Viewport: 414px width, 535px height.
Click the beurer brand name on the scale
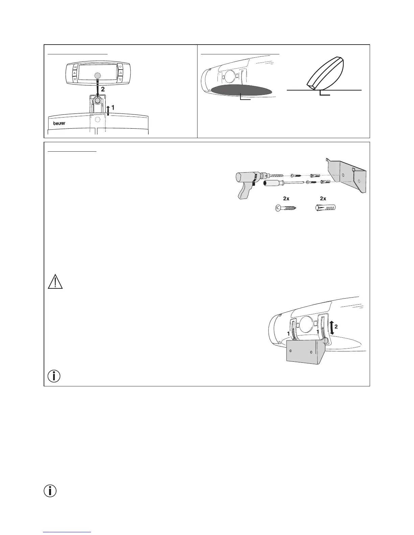tap(59, 123)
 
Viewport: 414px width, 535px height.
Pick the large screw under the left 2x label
tap(286, 208)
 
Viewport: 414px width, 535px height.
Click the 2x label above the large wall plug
tap(323, 199)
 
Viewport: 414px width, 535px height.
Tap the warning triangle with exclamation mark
tap(55, 282)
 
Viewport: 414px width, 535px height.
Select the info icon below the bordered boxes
tap(50, 490)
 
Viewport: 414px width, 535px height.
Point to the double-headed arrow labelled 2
tap(332, 328)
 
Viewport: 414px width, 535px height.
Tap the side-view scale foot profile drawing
tap(325, 73)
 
